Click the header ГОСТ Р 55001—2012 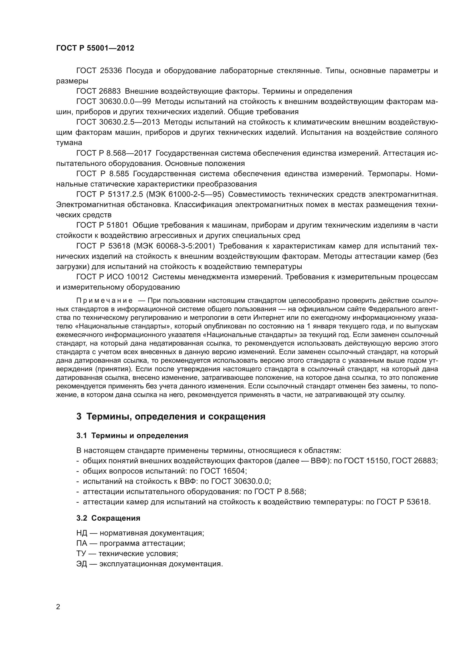click(x=95, y=48)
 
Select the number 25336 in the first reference click(x=111, y=71)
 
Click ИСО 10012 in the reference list click(x=128, y=277)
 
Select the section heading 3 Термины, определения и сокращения click(x=171, y=416)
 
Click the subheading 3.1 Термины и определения click(x=132, y=436)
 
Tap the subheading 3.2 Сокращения click(x=108, y=518)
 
